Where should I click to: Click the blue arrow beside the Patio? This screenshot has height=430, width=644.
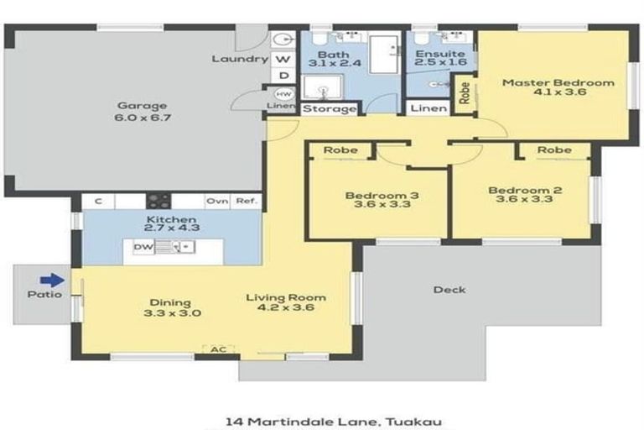[x=52, y=281]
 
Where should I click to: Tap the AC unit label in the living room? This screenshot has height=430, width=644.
[x=219, y=348]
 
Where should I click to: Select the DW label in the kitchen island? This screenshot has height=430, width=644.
[x=143, y=248]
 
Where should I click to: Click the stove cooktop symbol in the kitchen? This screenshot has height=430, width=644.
[x=158, y=201]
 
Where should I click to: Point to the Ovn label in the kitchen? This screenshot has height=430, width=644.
[x=217, y=202]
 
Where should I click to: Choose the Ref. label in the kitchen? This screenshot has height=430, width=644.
[x=247, y=202]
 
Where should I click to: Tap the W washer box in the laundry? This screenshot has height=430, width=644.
[x=283, y=60]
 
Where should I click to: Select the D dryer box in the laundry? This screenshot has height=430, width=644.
[x=283, y=76]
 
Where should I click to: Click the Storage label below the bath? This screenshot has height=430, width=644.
[x=330, y=109]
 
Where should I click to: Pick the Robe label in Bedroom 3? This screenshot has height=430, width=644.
[x=341, y=150]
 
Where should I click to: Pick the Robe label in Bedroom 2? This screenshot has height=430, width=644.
[x=553, y=150]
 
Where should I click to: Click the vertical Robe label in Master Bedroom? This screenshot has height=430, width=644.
[x=464, y=93]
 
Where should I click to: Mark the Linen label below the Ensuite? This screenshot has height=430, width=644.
[x=428, y=109]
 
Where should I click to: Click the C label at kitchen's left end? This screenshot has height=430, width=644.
[x=98, y=202]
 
